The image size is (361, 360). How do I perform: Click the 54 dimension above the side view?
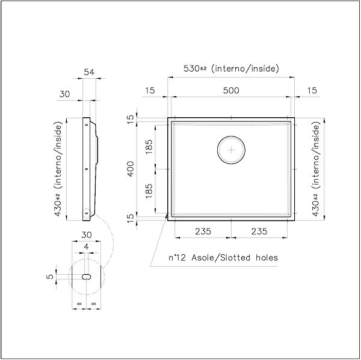click(89, 72)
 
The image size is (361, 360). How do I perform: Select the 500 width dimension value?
click(231, 90)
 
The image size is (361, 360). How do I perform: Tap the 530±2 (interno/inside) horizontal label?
click(231, 69)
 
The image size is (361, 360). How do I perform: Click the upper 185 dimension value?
click(149, 147)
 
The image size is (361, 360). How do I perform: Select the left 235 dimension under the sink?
click(202, 231)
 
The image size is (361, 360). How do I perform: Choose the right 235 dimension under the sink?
click(260, 231)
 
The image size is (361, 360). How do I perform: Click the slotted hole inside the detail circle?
click(87, 276)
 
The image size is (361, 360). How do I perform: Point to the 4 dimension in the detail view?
click(87, 247)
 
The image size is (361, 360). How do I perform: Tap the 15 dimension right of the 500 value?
click(312, 90)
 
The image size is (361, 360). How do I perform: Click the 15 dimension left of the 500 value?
click(150, 90)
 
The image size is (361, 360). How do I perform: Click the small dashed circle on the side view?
click(87, 213)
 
